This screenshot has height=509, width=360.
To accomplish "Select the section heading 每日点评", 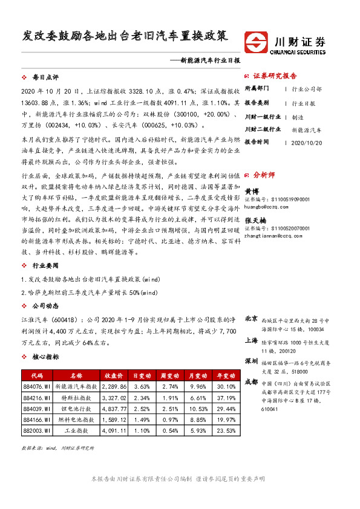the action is coord(45,77).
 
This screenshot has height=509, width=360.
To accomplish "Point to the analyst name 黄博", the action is coord(252,189).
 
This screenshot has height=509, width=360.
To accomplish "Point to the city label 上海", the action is coord(252,340).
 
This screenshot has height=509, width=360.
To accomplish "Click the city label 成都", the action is coord(252,382).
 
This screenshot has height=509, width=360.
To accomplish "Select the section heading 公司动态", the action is coord(45,305).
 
